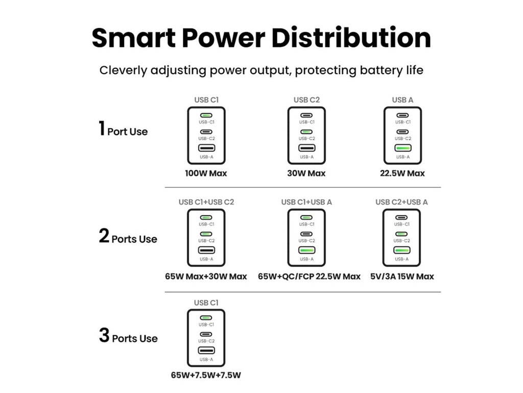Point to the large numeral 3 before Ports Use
click(x=104, y=336)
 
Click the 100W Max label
click(x=206, y=173)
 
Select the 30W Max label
click(x=306, y=173)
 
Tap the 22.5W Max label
click(x=402, y=173)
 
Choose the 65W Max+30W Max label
click(x=206, y=276)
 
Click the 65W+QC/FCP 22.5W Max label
click(x=309, y=276)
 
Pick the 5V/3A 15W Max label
click(x=402, y=276)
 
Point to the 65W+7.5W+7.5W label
click(x=206, y=375)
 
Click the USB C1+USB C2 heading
click(x=206, y=202)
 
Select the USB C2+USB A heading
click(x=401, y=202)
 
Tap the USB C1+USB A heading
click(x=306, y=202)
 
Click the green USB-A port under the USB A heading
click(x=402, y=148)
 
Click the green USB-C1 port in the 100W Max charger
click(x=206, y=116)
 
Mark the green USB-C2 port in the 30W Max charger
click(x=306, y=132)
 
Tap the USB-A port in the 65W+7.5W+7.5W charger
click(x=206, y=351)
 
